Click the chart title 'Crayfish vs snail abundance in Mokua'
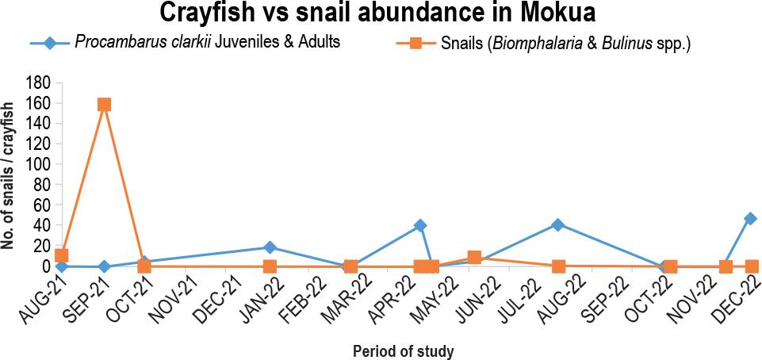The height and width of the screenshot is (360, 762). (x=377, y=13)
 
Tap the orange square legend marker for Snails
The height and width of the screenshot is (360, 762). (x=416, y=43)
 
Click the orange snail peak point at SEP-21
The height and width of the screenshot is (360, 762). (x=104, y=105)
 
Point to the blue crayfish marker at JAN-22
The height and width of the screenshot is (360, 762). (x=270, y=247)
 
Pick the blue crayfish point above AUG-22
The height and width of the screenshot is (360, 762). (x=558, y=224)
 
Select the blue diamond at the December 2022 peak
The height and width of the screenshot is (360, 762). (x=750, y=218)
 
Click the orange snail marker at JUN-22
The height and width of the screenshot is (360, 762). (x=474, y=257)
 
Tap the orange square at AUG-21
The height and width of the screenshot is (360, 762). (x=62, y=255)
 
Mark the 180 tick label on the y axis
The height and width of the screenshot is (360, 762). (x=39, y=82)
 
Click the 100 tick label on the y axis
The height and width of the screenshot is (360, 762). (x=39, y=164)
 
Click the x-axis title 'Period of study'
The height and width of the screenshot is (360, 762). (x=404, y=350)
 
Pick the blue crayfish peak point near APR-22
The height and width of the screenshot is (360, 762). (x=420, y=225)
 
